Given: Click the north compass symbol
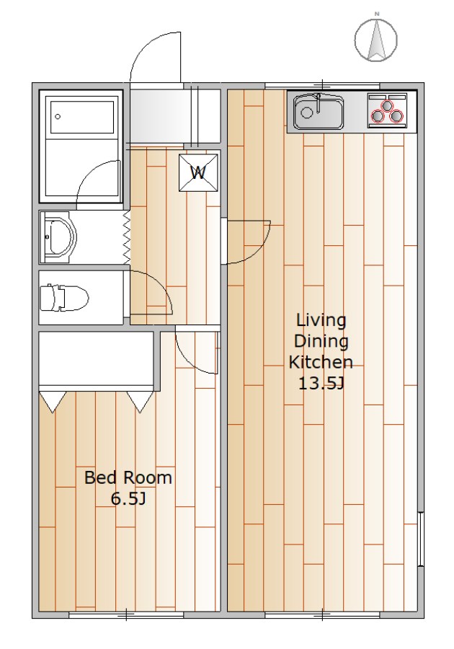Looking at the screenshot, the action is (376, 40).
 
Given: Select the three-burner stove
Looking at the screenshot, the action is (387, 110).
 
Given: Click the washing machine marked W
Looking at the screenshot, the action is (198, 172).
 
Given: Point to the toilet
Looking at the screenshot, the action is (65, 297).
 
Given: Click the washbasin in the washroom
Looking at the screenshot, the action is (60, 237).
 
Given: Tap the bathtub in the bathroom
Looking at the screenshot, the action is (81, 116).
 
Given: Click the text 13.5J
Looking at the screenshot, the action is (321, 384).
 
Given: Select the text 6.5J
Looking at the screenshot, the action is (128, 499).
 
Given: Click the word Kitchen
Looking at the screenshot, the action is (321, 362).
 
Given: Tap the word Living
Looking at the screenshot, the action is (321, 320).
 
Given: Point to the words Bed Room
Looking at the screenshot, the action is (128, 477).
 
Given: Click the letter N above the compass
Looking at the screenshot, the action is (377, 14).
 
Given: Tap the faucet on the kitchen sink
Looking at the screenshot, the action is (318, 103).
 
